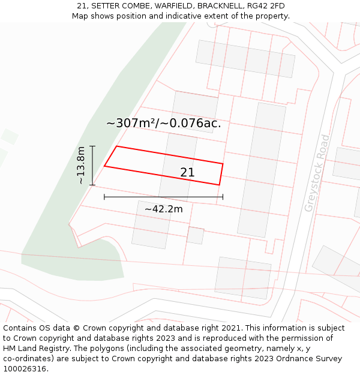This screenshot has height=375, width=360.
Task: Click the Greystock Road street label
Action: [x=317, y=173]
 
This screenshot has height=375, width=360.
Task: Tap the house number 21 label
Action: [x=187, y=173]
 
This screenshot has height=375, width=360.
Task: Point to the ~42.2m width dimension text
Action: [x=164, y=209]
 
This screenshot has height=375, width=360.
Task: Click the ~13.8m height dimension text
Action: [x=81, y=165]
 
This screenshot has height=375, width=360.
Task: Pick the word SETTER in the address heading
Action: [x=107, y=6]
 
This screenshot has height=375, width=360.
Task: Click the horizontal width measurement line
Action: [x=163, y=196]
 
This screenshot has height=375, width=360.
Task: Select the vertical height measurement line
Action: [x=92, y=165]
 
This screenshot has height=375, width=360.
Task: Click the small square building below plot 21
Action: [x=195, y=235]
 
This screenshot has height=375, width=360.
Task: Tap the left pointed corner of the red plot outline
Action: [x=105, y=166]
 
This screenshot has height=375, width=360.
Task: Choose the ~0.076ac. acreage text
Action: [x=193, y=124]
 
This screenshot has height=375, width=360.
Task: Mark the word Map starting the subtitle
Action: [x=80, y=16]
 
